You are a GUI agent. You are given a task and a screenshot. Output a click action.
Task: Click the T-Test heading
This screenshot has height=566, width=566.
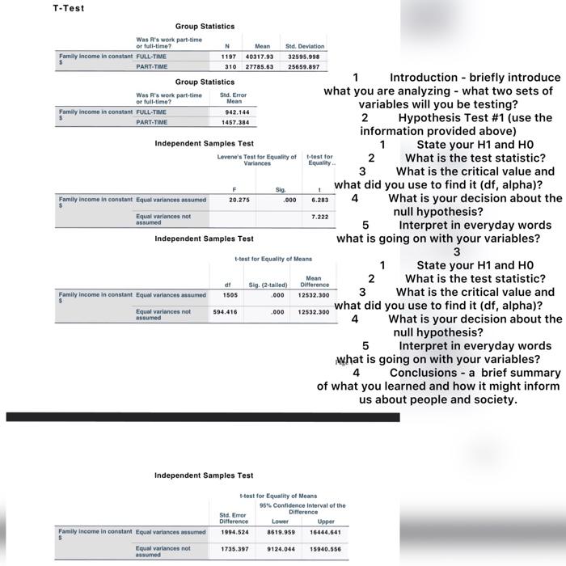pos(68,8)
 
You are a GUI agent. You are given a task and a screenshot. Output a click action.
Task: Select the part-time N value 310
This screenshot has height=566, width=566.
pos(230,66)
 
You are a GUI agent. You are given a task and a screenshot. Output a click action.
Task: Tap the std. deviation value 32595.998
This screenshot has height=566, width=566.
pos(304,57)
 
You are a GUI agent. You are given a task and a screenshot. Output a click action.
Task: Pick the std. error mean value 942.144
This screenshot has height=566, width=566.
pos(234,112)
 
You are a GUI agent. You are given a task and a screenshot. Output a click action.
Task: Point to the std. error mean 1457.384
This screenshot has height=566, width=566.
pos(234,122)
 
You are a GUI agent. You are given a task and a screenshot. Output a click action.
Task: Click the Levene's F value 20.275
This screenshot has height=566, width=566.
pos(239,198)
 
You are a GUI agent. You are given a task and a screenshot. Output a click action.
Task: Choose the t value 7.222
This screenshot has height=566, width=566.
pos(319,217)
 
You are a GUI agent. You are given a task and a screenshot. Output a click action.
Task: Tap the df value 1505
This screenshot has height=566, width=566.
pos(230,294)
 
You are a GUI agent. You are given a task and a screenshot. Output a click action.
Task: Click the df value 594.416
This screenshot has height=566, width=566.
pos(225,311)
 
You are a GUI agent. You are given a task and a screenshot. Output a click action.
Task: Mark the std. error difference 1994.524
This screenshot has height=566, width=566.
pos(234,531)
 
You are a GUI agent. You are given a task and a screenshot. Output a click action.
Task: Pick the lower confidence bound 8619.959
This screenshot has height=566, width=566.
pos(280,531)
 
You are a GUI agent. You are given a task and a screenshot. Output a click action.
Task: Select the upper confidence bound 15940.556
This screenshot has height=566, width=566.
pos(324,548)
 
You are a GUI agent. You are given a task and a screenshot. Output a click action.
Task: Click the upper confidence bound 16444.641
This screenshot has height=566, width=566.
pos(324,531)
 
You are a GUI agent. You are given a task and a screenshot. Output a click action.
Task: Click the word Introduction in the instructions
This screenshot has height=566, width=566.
pos(429,78)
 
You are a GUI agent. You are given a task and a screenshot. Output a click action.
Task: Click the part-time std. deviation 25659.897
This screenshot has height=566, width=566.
pos(304,66)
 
